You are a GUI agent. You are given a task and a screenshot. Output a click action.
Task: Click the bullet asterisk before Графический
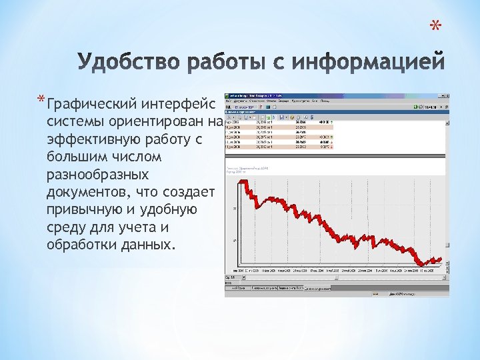pyautogui.click(x=42, y=101)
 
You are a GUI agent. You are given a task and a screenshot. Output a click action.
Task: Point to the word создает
pyautogui.click(x=188, y=192)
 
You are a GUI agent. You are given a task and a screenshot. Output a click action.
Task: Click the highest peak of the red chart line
pyautogui.click(x=245, y=181)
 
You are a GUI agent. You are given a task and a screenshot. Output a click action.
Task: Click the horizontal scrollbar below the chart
pyautogui.click(x=333, y=275)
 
